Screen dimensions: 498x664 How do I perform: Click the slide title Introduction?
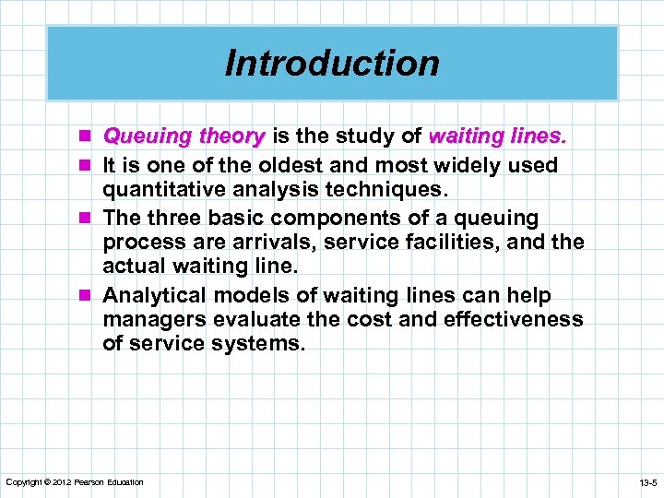[x=332, y=64]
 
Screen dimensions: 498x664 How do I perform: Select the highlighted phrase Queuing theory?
[x=184, y=136]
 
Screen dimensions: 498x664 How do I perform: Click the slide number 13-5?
[x=646, y=482]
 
